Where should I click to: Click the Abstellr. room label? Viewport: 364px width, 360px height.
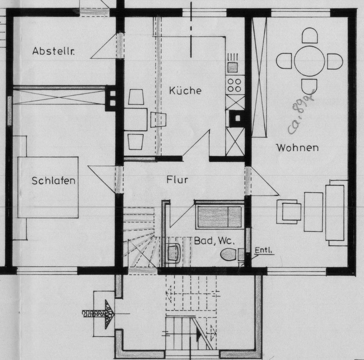[53, 51]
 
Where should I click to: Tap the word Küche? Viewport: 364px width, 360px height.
[185, 91]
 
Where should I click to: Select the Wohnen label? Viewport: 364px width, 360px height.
[297, 148]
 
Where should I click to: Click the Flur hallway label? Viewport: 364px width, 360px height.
[177, 179]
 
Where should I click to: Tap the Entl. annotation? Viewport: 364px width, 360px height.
[264, 250]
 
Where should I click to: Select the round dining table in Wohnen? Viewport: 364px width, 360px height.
[309, 61]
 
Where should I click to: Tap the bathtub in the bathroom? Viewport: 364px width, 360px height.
[220, 216]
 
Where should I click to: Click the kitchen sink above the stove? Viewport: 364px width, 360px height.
[232, 67]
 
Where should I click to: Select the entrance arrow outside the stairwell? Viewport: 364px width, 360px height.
[100, 313]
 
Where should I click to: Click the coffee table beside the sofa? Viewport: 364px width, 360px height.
[313, 212]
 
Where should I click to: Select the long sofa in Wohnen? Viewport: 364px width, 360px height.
[335, 213]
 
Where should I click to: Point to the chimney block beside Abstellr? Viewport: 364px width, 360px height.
[112, 98]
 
